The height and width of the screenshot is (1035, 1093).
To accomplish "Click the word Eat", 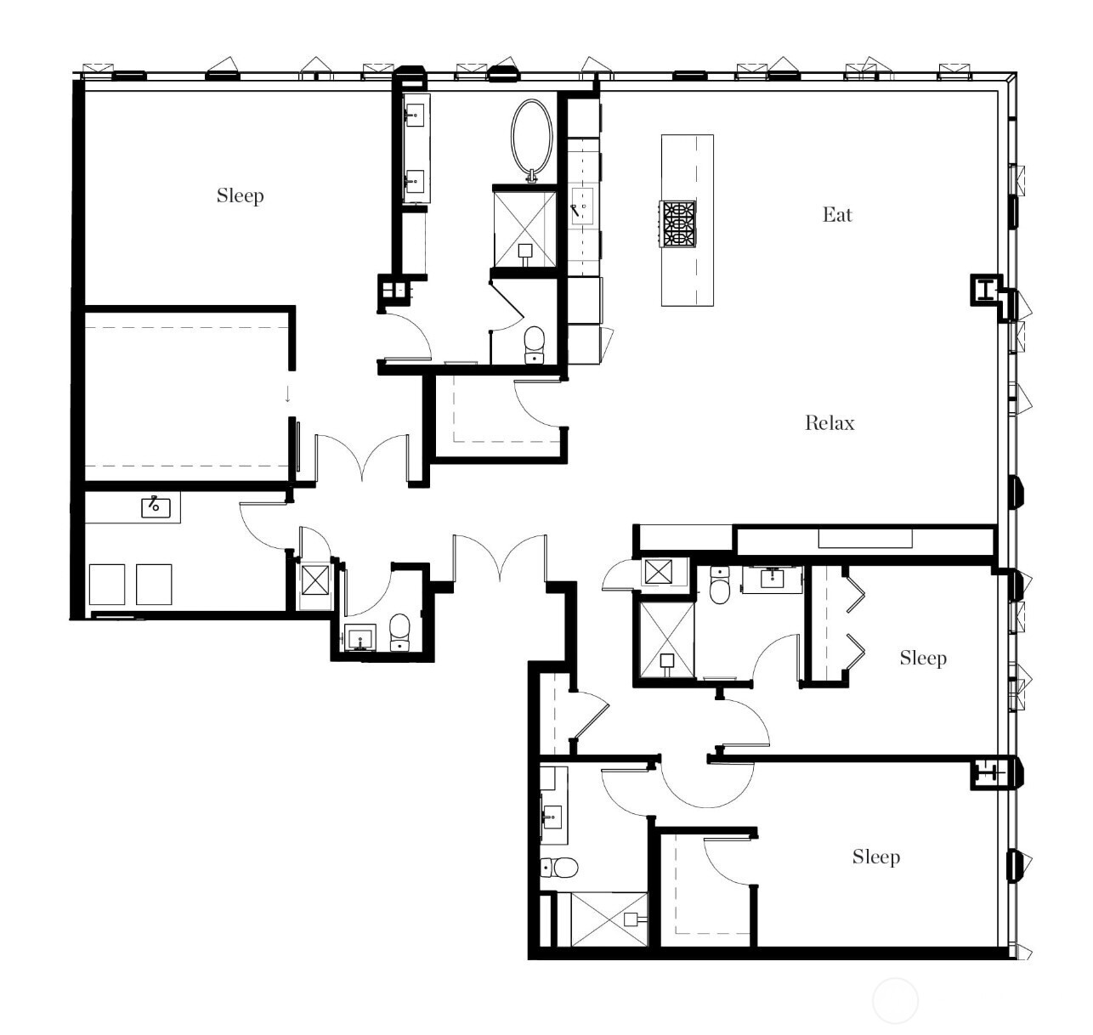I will (x=836, y=215).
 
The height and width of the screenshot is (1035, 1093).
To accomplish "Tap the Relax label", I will (x=830, y=423).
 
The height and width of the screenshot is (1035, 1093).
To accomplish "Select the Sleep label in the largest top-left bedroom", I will (x=240, y=196).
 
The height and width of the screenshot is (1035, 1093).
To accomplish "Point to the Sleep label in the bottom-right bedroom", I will (x=875, y=857).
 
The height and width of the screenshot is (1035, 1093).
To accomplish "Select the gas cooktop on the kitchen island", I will (x=679, y=223).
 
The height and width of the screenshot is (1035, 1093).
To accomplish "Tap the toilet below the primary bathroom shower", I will (x=534, y=343).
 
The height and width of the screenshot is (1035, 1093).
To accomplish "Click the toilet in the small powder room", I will (x=399, y=632).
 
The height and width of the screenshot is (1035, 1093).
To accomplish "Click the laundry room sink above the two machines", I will (x=156, y=507).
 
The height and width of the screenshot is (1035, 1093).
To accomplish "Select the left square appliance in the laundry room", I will (x=107, y=585).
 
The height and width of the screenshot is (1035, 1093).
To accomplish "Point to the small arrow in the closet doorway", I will (x=288, y=394).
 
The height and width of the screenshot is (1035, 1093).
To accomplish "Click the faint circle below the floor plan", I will (x=895, y=1001).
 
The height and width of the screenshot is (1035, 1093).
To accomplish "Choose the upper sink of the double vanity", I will (x=416, y=114).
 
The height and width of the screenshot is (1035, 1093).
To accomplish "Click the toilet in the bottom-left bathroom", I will (x=558, y=868).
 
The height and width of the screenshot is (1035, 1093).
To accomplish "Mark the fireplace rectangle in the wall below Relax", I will (x=865, y=539).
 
